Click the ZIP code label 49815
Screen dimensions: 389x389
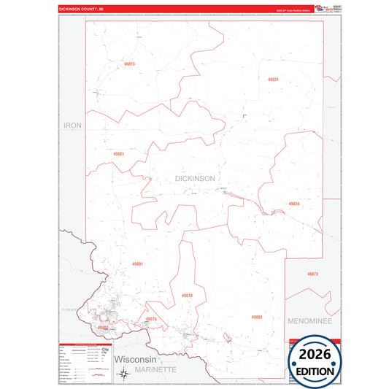[x=130, y=64]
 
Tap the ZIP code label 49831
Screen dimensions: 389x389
[x=273, y=79]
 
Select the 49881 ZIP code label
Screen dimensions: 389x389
[x=119, y=154]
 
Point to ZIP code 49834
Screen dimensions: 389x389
[x=293, y=204]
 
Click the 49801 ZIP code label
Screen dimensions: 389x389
[x=138, y=263]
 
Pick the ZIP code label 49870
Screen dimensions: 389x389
[x=187, y=295]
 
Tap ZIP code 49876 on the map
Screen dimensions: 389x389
[x=151, y=319]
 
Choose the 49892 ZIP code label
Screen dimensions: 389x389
[x=257, y=317]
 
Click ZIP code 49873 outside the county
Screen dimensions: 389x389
[x=312, y=274]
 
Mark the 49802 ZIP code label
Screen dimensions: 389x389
[x=103, y=328]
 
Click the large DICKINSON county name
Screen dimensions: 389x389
[x=195, y=179]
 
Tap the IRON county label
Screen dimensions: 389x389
[x=73, y=126]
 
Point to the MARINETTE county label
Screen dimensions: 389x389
[x=154, y=370]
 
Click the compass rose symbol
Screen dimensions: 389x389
[x=125, y=375]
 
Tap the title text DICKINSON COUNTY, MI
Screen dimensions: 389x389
[x=82, y=9]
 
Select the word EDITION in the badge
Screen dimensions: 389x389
[x=316, y=371]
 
